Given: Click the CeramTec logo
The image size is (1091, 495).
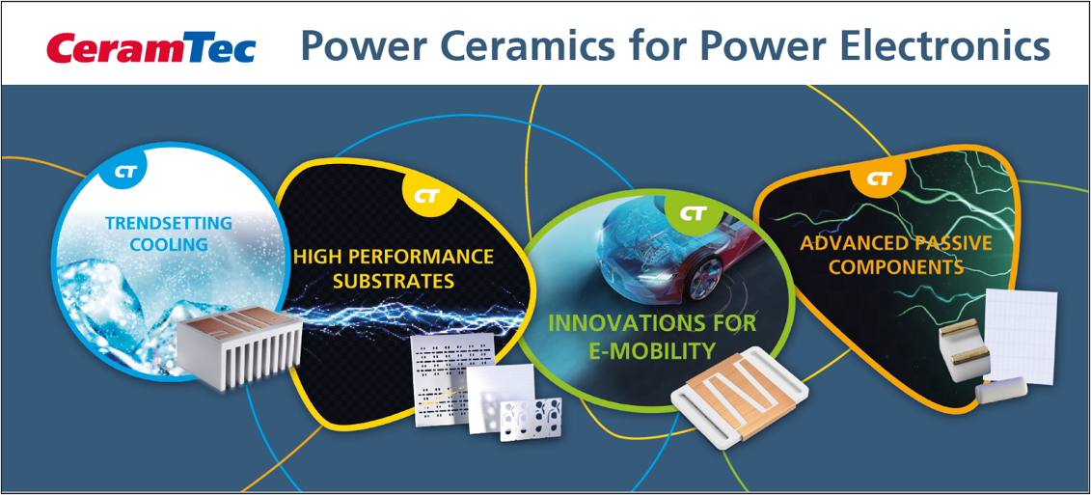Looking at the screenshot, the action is coord(151,49).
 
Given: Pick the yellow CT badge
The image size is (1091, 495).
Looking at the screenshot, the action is coord(425,196).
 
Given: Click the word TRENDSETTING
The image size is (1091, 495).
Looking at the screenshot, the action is coord(168,224).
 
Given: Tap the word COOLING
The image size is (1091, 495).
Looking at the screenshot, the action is coord(168,245).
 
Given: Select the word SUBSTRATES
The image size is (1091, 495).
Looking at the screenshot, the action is coord(395,281).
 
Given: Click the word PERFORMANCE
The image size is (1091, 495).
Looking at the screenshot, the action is coord(423,257).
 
